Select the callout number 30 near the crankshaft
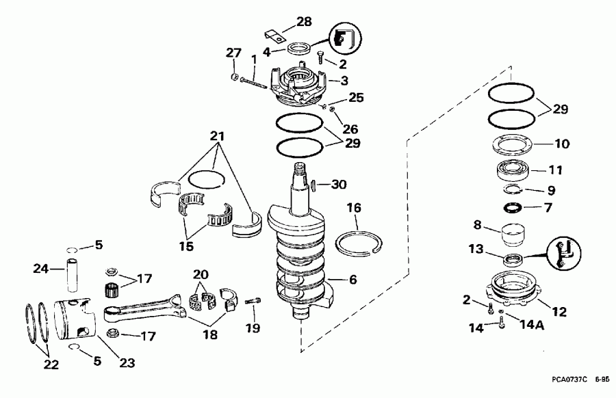[339, 184]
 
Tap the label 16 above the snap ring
[354, 208]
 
